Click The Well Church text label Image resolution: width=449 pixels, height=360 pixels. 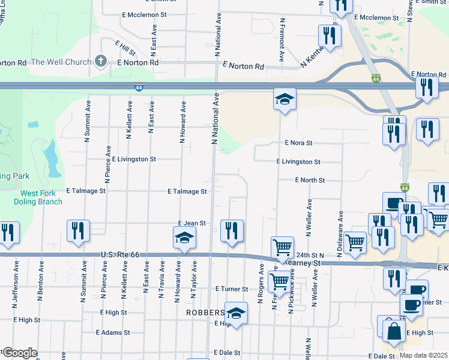coord(61,62)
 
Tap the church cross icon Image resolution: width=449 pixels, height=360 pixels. coord(101,61)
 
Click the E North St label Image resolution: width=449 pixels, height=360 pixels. coord(310,180)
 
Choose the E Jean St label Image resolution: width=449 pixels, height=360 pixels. coord(192,223)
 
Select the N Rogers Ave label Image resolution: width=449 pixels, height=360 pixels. coord(261,284)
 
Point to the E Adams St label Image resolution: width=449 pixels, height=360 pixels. coord(113,332)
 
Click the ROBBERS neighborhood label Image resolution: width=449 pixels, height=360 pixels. coord(205,313)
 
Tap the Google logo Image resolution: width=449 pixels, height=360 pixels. coord(19,353)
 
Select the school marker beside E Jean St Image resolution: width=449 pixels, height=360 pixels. coord(184,238)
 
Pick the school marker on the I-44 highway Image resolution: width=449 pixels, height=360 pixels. coord(285,98)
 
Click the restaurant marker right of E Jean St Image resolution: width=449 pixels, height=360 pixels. coord(232,230)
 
